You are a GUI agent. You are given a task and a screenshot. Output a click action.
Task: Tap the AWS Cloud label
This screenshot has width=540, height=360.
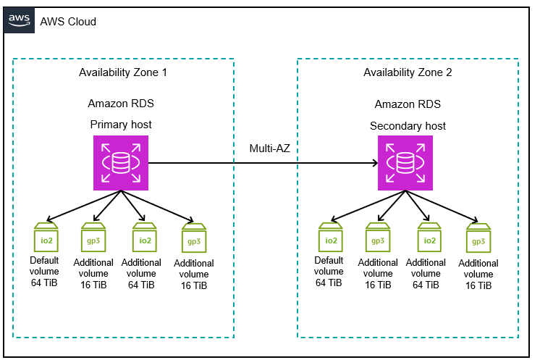[68, 22]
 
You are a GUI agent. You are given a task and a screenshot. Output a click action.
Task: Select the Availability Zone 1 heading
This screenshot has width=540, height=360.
[123, 72]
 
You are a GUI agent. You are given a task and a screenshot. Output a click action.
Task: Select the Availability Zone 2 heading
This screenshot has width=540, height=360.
[408, 72]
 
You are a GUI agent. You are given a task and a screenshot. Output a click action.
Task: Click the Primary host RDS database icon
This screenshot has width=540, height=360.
[120, 164]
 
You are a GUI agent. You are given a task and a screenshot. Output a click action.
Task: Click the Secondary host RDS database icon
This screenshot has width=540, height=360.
[405, 164]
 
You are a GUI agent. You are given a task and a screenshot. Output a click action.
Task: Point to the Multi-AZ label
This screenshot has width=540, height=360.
[270, 148]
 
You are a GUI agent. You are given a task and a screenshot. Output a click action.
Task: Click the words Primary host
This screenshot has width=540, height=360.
[121, 124]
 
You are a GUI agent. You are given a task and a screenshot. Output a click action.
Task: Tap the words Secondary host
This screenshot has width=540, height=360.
[408, 125]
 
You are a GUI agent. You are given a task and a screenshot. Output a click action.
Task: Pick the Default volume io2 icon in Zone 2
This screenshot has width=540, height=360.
[330, 238]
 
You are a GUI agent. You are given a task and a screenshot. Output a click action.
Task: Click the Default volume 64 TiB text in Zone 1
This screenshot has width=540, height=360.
[44, 272]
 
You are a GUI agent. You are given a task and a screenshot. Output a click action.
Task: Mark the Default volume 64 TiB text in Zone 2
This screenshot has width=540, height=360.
[329, 272]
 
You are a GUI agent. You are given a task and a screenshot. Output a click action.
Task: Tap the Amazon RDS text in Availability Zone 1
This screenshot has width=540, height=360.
[121, 104]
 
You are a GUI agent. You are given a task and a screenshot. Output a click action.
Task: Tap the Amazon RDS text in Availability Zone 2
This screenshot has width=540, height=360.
[408, 104]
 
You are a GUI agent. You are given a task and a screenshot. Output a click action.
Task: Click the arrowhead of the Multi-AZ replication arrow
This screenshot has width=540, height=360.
[374, 164]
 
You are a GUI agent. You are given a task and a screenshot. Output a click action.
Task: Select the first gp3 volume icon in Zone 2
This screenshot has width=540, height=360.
[378, 238]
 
